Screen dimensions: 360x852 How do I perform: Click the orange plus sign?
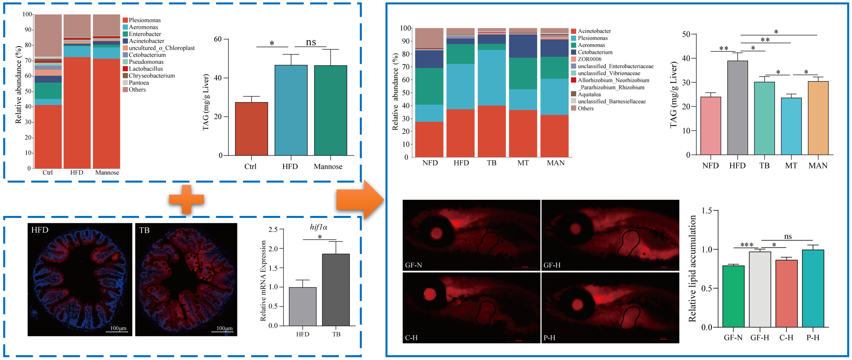[x=187, y=199]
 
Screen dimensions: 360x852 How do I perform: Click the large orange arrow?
[x=359, y=199]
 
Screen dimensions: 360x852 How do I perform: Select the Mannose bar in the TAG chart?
[x=330, y=110]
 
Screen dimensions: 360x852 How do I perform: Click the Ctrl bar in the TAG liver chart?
[x=251, y=129]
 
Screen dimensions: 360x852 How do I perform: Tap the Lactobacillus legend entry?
[x=146, y=69]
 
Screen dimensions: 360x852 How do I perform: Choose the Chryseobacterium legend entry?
[x=151, y=76]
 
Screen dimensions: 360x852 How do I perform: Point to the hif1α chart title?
[x=318, y=227]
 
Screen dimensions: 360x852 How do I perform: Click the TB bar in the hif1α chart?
[x=336, y=290]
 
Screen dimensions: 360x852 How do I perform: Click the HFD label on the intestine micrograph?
[x=40, y=230]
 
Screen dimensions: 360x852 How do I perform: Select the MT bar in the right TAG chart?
[x=791, y=126]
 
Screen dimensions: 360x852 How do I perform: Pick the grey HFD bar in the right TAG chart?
[x=737, y=108]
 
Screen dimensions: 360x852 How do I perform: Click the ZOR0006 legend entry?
[x=589, y=59]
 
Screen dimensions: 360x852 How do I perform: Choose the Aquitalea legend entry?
[x=589, y=94]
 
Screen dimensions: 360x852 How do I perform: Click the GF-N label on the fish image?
[x=414, y=265]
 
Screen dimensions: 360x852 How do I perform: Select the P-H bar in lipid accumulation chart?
[x=813, y=289]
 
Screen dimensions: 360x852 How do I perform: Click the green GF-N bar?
[x=733, y=297]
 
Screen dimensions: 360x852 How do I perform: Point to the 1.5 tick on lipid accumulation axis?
[x=709, y=211]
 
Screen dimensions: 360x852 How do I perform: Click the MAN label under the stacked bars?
[x=556, y=163]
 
